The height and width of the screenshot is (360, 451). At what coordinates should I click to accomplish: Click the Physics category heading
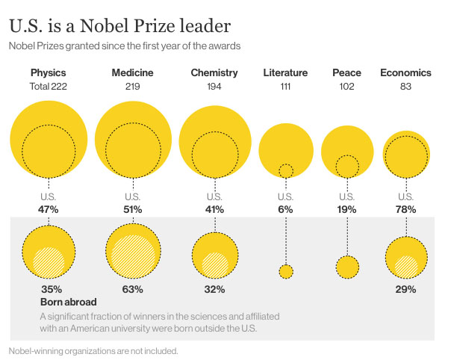click(x=49, y=73)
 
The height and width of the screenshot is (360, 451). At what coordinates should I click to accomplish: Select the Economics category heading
click(x=405, y=73)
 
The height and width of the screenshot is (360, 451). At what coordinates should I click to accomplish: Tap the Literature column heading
click(x=285, y=73)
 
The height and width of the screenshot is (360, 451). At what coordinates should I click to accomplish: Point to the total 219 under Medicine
click(x=133, y=87)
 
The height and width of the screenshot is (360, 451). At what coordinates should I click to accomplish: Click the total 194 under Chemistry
click(x=214, y=87)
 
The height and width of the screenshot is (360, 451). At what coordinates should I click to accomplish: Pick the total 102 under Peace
click(x=346, y=87)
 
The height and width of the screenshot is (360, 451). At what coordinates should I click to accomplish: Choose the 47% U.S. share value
click(x=49, y=210)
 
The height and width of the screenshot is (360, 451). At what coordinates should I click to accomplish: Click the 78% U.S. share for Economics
click(x=405, y=210)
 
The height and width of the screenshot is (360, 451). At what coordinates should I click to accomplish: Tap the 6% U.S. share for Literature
click(x=285, y=210)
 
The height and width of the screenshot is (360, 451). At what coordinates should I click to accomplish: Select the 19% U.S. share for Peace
click(x=346, y=210)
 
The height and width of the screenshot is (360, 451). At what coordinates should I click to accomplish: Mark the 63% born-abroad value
click(x=133, y=288)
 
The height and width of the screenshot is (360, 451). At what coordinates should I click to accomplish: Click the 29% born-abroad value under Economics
click(x=405, y=288)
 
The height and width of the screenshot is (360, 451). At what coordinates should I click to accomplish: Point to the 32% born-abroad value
click(x=214, y=288)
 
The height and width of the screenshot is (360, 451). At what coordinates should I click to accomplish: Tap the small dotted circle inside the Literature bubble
click(x=285, y=171)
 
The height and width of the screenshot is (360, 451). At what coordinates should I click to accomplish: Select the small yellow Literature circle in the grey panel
click(x=285, y=271)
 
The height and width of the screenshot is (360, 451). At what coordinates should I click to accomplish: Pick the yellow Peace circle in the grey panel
click(x=346, y=267)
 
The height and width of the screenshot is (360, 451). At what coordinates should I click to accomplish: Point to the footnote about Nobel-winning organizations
click(x=93, y=350)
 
